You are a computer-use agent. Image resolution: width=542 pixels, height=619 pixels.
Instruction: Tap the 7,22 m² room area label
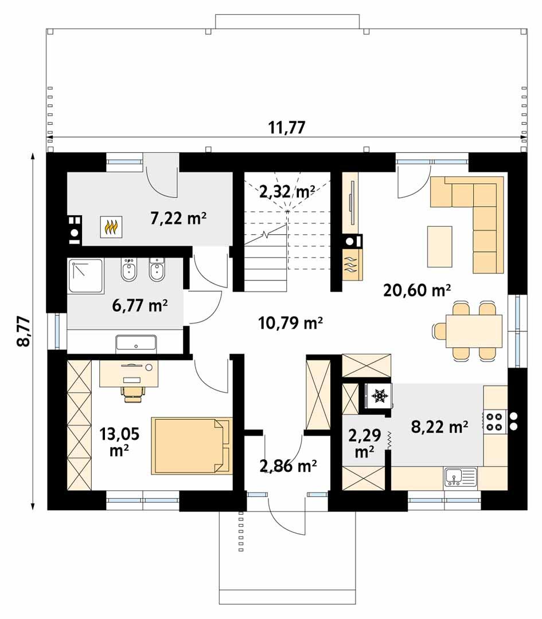(178, 218)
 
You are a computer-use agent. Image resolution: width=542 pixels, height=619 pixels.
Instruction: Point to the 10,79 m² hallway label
(290, 324)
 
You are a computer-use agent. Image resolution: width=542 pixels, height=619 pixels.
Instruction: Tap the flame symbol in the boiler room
(111, 227)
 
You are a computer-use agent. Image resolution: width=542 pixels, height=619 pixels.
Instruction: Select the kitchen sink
(460, 476)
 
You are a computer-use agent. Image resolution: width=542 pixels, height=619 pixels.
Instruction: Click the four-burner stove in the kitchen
(496, 423)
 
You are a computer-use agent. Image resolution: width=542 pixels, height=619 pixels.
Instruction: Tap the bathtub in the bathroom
(136, 344)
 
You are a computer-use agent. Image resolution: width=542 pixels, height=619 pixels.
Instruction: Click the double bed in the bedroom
(192, 445)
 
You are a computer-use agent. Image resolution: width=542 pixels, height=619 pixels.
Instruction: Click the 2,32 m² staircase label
(286, 192)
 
